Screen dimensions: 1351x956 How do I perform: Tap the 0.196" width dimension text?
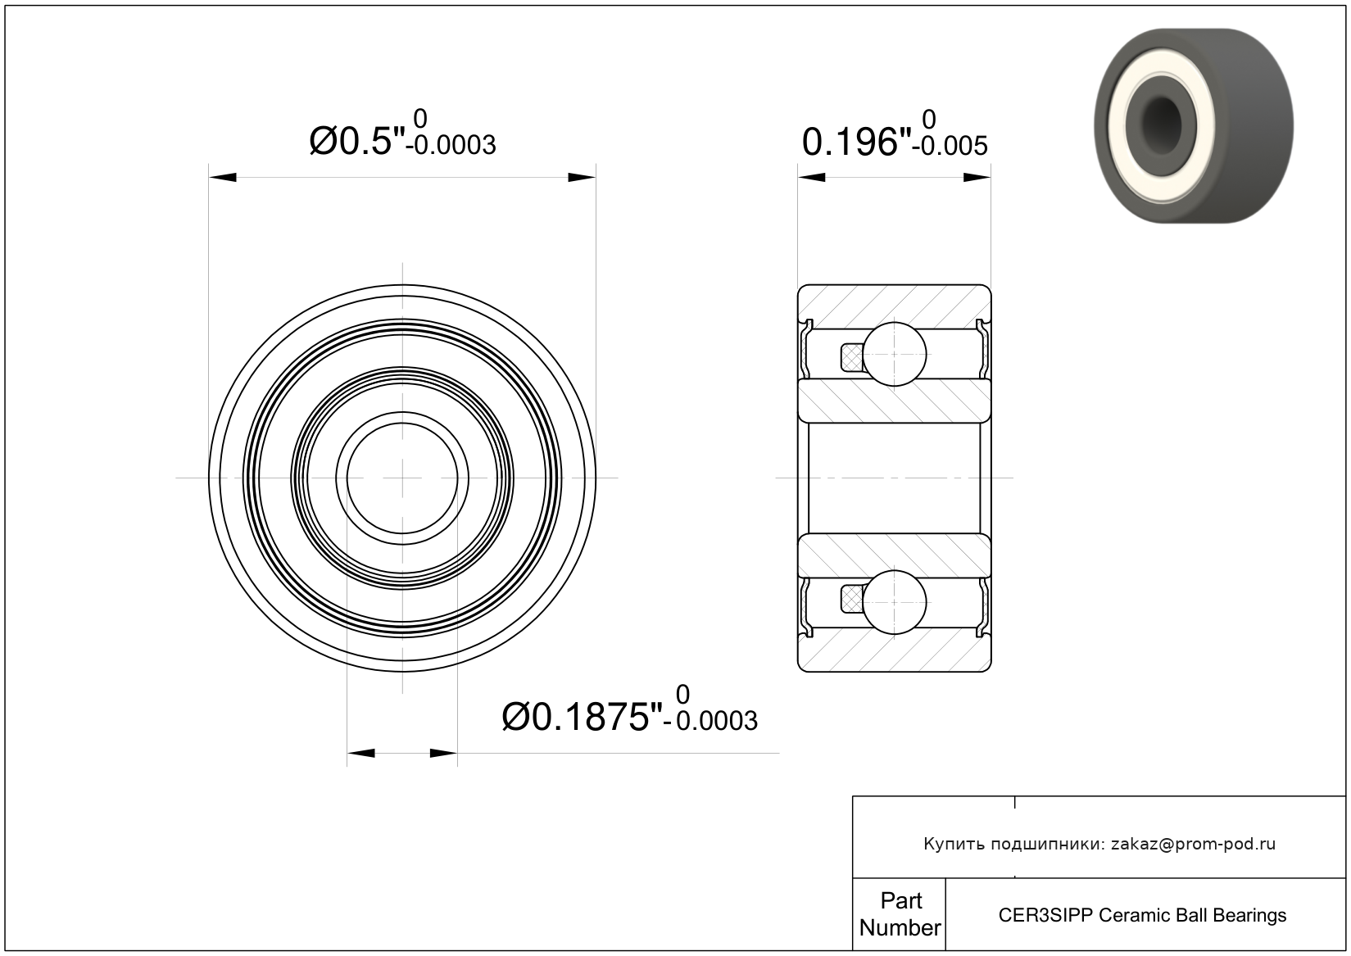856,143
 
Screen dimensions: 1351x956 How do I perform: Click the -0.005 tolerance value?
950,146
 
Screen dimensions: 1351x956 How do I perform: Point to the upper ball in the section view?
895,354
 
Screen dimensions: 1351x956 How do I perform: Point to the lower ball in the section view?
895,603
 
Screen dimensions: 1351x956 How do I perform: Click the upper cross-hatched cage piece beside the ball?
852,357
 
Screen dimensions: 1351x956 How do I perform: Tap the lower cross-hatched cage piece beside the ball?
852,600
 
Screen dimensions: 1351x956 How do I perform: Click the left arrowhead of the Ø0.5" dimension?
223,177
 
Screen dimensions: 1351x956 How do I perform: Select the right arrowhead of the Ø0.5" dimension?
582,177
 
